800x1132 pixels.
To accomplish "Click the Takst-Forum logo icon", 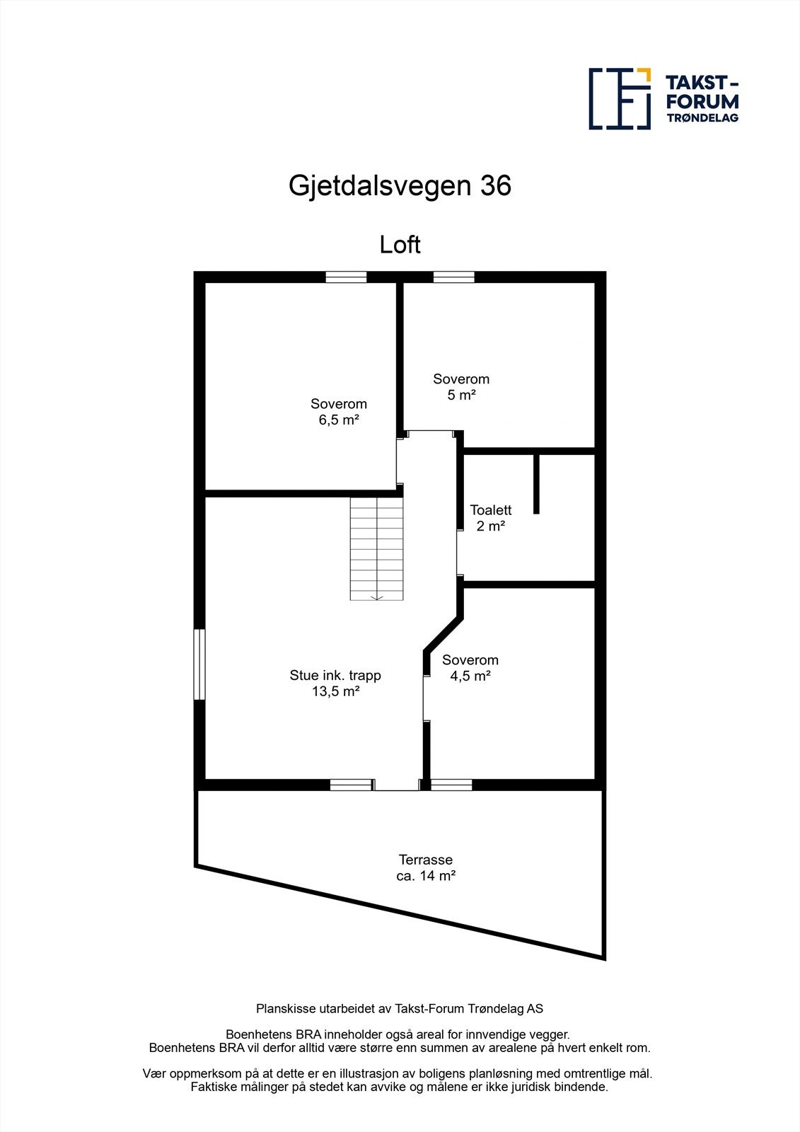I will [x=620, y=98].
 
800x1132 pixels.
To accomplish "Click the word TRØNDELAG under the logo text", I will [x=702, y=118].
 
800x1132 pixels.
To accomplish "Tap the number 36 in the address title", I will [x=495, y=186].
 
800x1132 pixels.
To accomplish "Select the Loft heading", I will [x=400, y=245].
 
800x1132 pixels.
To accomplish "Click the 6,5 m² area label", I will [x=339, y=420].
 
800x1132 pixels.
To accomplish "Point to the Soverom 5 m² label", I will [x=461, y=387].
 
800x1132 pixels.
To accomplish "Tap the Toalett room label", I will [x=490, y=510].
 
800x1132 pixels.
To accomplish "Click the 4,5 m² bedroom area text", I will [x=470, y=676].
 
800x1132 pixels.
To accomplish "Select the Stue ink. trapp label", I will [x=335, y=675].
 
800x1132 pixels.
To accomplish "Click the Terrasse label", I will [x=425, y=860].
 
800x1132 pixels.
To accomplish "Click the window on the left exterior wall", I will [x=200, y=664].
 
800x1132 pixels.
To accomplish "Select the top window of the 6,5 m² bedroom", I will [x=346, y=277].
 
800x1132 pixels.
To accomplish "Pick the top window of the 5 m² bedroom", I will [x=453, y=277].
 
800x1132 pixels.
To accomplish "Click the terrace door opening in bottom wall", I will [x=396, y=785].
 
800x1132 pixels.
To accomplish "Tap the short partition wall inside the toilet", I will [x=536, y=483].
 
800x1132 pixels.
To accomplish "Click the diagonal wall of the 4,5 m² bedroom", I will [x=444, y=634].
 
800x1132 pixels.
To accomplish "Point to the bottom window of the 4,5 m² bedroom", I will [x=451, y=785].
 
